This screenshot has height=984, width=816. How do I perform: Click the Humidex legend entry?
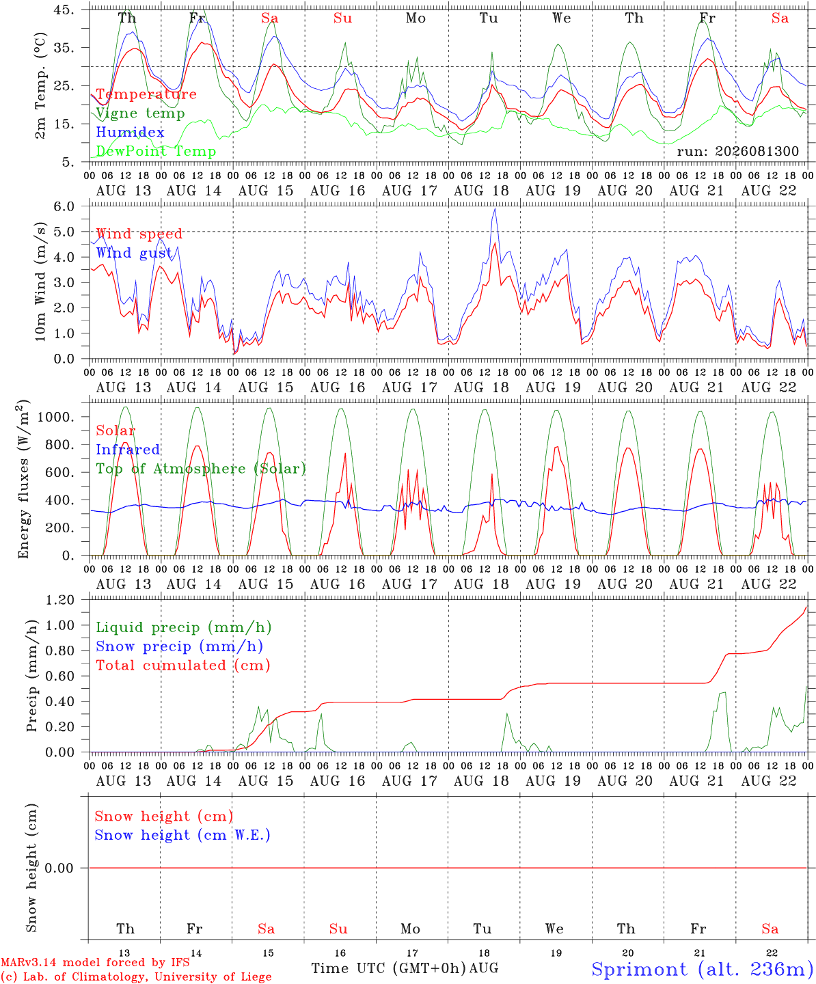130,132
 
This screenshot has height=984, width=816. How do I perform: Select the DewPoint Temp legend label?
156,151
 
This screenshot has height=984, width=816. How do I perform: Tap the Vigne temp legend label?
141,113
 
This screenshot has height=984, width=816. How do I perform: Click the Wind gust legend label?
134,253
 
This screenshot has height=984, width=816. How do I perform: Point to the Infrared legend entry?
128,450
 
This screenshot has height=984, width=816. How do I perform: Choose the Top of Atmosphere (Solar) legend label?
202,469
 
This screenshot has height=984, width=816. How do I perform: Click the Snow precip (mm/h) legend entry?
179,646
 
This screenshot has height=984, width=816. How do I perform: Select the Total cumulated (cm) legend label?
183,666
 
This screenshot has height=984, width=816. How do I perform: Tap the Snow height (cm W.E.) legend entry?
182,835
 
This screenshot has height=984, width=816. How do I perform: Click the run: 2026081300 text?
737,151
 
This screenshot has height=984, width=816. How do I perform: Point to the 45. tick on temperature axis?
64,10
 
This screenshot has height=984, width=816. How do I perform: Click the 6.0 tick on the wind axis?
64,206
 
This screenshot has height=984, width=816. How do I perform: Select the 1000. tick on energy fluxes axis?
55,417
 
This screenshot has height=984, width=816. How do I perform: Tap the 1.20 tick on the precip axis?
60,600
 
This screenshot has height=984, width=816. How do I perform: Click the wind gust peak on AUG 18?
495,209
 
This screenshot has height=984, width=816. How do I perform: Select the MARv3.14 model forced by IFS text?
95,962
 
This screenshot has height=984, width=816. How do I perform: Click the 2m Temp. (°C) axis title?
40,85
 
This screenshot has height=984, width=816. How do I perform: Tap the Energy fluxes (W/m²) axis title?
23,479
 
